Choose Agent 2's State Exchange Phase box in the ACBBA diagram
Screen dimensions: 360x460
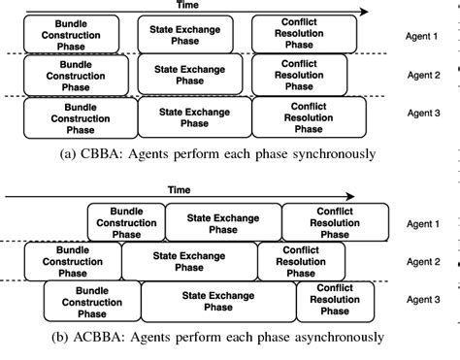[189, 262]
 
